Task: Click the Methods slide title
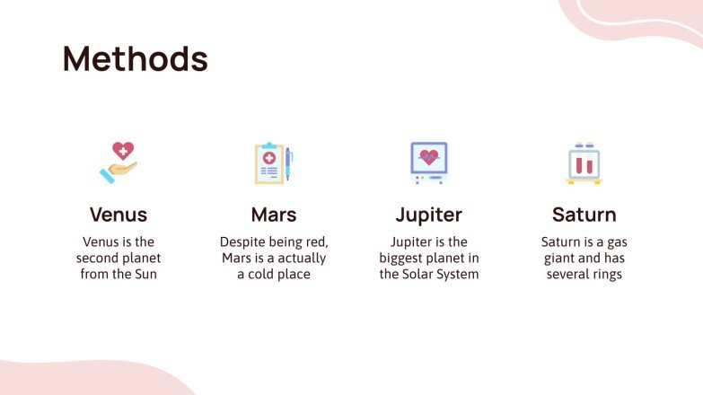[135, 58]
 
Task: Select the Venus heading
[119, 215]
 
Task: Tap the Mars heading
[274, 215]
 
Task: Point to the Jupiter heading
[429, 215]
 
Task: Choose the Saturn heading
[584, 215]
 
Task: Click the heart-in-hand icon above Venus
[119, 162]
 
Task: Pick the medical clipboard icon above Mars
[269, 163]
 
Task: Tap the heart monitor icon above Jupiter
[428, 162]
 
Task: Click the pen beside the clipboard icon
[289, 163]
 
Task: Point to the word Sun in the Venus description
[145, 275]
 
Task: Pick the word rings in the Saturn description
[605, 275]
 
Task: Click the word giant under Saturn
[561, 259]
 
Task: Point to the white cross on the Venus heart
[122, 151]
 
